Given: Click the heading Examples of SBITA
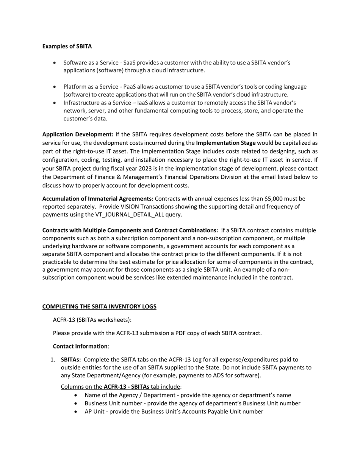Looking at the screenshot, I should pyautogui.click(x=67, y=47).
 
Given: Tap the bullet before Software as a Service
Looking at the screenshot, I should pyautogui.click(x=56, y=63).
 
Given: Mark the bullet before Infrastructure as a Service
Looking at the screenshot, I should pyautogui.click(x=56, y=103).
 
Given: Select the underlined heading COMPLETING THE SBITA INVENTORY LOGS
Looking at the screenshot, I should pyautogui.click(x=99, y=306).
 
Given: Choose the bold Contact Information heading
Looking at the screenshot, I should pyautogui.click(x=80, y=346).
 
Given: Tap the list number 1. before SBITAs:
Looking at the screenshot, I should pyautogui.click(x=53, y=360).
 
